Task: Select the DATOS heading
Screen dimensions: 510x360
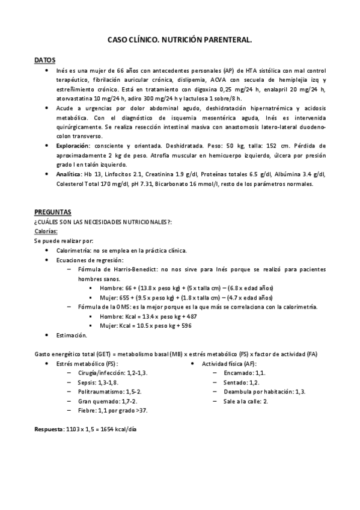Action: tap(45, 61)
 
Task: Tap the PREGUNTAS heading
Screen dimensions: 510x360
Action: tap(53, 212)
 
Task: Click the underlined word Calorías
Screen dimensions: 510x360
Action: tap(46, 231)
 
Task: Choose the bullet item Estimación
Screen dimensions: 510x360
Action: tap(72, 334)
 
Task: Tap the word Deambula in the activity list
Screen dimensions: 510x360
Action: tap(239, 392)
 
